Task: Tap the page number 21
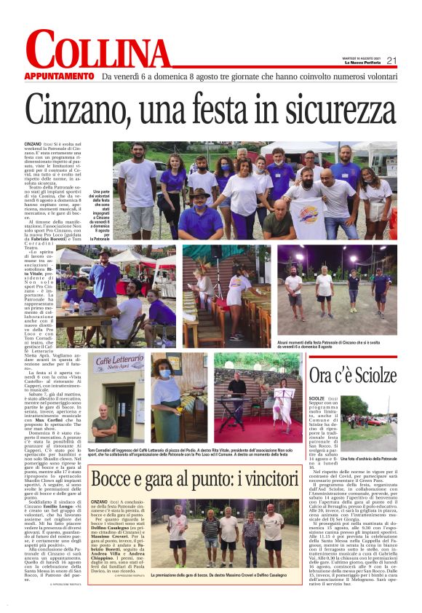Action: tap(391, 60)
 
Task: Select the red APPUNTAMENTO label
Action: tap(59, 76)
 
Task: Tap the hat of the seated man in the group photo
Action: tap(199, 193)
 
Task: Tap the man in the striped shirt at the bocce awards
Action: tap(210, 534)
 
